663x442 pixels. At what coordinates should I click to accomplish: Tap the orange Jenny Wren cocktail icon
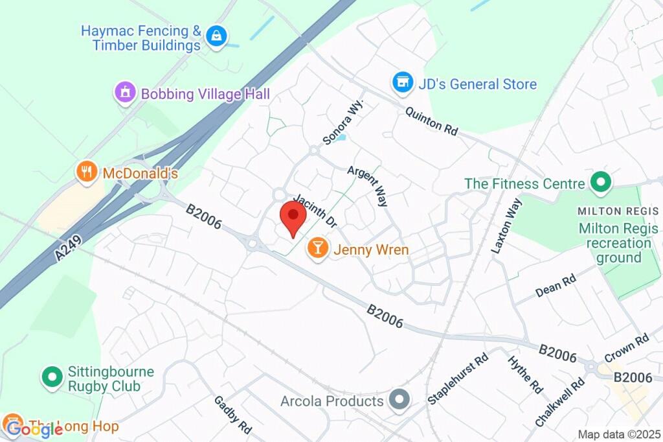[x=317, y=247]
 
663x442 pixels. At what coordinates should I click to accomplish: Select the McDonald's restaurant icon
[x=86, y=172]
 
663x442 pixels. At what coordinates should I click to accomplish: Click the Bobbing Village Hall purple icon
[x=124, y=93]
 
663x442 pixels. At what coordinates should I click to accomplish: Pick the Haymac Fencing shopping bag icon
[x=216, y=37]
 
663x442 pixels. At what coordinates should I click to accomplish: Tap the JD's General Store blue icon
[x=403, y=82]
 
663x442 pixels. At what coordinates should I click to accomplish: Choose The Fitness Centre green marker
[x=601, y=183]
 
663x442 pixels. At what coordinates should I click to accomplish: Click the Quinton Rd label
[x=431, y=121]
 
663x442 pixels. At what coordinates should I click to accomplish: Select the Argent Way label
[x=368, y=186]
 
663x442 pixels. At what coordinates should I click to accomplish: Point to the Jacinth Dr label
[x=315, y=211]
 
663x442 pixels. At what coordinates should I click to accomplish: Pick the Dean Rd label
[x=556, y=286]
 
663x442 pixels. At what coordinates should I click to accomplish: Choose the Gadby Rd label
[x=232, y=414]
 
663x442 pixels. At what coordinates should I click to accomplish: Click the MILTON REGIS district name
[x=618, y=211]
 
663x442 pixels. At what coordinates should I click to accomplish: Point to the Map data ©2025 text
[x=619, y=434]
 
